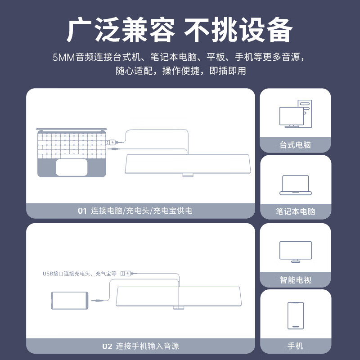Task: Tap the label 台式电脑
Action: pyautogui.click(x=295, y=145)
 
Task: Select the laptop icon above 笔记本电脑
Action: pyautogui.click(x=295, y=185)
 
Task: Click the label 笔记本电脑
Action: pyautogui.click(x=295, y=211)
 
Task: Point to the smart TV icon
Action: pyautogui.click(x=295, y=252)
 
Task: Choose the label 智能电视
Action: pyautogui.click(x=295, y=280)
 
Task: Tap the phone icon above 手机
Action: pyautogui.click(x=295, y=315)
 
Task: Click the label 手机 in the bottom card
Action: pyautogui.click(x=295, y=346)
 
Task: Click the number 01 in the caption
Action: pyautogui.click(x=82, y=211)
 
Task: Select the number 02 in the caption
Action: pyautogui.click(x=107, y=346)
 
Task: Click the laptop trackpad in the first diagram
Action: pyautogui.click(x=72, y=167)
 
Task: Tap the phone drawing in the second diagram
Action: pyautogui.click(x=70, y=300)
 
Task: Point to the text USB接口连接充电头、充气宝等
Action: pyautogui.click(x=80, y=273)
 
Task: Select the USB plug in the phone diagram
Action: pyautogui.click(x=126, y=273)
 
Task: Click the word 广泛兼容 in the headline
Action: pyautogui.click(x=121, y=31)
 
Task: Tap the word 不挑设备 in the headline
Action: pyautogui.click(x=238, y=31)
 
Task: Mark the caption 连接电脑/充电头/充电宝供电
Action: pyautogui.click(x=141, y=211)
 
